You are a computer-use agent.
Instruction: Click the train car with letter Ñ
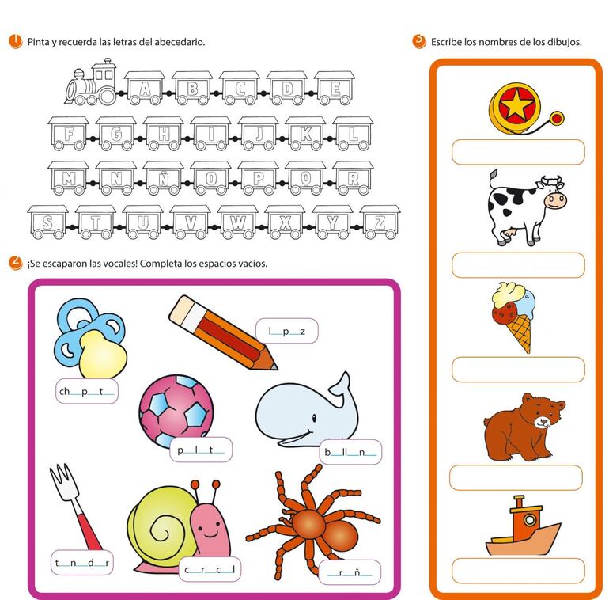pos(164,178)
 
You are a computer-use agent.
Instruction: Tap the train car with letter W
pos(238,222)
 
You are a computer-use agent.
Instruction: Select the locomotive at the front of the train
pos(91,83)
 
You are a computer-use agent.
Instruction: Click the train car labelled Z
pos(380,222)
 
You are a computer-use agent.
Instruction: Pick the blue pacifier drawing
pos(90,338)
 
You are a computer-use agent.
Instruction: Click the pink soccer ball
pos(176,410)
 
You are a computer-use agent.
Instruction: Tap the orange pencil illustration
pos(223,332)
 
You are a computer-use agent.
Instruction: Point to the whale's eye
pos(314,418)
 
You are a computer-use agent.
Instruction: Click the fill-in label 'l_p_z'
pos(286,331)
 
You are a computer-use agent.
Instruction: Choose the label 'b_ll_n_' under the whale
pos(350,452)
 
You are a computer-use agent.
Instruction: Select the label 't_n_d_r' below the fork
pos(82,562)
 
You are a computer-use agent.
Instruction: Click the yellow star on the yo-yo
pos(515,103)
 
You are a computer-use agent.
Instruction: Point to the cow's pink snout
pos(555,201)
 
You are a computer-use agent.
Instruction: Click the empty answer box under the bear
pos(516,477)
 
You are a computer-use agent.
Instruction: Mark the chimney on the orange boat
pos(519,502)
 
